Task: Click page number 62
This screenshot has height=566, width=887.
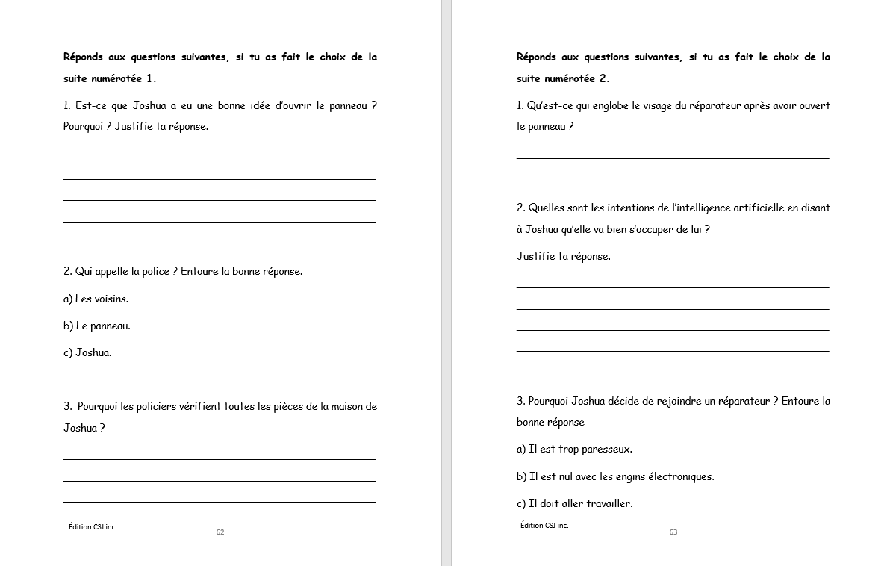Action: (220, 532)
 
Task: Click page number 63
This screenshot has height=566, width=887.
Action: (673, 532)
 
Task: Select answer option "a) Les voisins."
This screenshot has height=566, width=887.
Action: (96, 299)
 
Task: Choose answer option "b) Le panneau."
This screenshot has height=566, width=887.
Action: (97, 326)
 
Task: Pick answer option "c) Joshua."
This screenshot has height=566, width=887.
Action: (87, 352)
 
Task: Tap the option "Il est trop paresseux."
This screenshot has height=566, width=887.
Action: (574, 449)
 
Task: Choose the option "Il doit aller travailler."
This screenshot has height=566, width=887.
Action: (574, 503)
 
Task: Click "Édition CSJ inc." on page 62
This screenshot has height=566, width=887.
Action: (93, 527)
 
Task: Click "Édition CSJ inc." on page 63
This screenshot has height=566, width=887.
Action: (544, 526)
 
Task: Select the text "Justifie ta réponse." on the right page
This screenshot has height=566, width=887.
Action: (564, 256)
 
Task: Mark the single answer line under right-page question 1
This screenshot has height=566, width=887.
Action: (672, 158)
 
